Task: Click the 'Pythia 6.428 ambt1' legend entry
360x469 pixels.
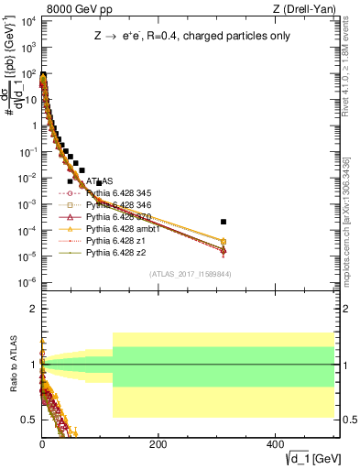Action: pos(123,229)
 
